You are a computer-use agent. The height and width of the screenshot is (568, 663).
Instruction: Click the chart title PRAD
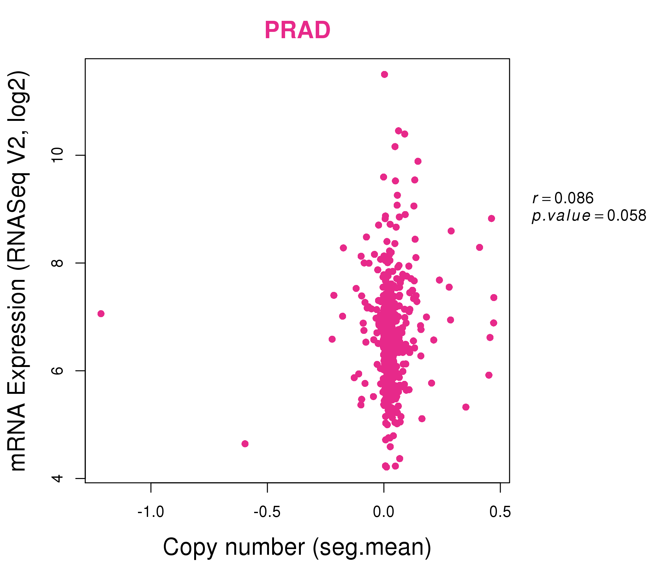(297, 30)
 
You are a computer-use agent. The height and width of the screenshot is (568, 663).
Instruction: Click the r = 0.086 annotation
(563, 198)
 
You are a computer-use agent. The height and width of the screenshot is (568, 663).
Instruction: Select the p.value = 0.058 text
(589, 216)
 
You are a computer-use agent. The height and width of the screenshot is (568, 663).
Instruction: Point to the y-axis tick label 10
(57, 156)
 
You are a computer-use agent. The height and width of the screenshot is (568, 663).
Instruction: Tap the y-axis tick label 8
(57, 263)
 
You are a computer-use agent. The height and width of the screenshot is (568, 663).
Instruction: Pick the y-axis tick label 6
(57, 371)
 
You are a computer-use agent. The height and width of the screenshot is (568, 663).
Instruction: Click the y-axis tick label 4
(57, 478)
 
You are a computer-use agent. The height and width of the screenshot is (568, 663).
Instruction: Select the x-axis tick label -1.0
(151, 512)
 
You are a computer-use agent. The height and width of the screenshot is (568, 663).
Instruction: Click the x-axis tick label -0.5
(267, 512)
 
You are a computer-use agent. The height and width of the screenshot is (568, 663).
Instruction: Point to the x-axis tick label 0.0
(384, 512)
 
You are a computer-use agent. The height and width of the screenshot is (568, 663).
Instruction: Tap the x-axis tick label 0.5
(500, 512)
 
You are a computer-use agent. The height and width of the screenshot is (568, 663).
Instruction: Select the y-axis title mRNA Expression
(18, 371)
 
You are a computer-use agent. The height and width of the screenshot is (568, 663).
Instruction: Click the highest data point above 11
(385, 74)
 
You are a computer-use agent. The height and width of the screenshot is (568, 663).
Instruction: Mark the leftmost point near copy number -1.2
(101, 314)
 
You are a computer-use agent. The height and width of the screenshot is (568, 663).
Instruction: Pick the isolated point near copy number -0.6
(245, 444)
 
